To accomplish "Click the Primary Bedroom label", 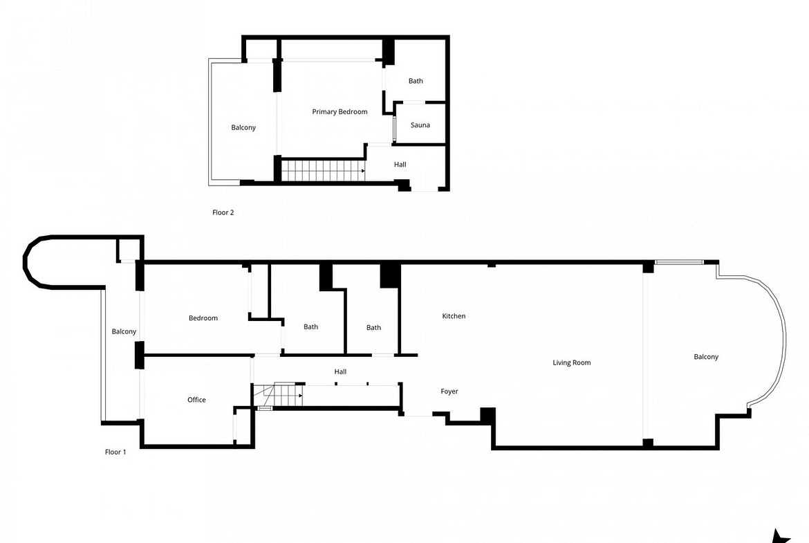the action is coord(340,111).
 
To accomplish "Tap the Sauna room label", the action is coord(420,125).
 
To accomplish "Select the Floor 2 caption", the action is coord(223,212).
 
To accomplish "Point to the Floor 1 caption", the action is coord(115,452).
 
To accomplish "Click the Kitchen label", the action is coord(454,316).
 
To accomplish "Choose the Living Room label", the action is coord(572,363).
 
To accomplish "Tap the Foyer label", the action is coord(449,392).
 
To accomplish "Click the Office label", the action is coord(196,400).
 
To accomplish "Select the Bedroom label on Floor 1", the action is coord(203,318).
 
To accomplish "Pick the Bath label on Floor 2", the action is coord(416,81).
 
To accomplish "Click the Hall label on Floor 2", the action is coord(400,165).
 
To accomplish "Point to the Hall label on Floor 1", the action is coord(340,371).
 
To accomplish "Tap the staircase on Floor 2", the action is coord(323,170).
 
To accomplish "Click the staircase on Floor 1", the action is coord(277,396).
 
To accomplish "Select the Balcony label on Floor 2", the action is coord(243,127).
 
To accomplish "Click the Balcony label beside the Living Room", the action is coord(706,357).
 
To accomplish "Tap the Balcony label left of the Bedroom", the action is coord(124,331).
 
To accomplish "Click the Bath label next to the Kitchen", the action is coord(373,327).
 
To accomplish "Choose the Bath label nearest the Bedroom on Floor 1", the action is coord(310,326).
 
